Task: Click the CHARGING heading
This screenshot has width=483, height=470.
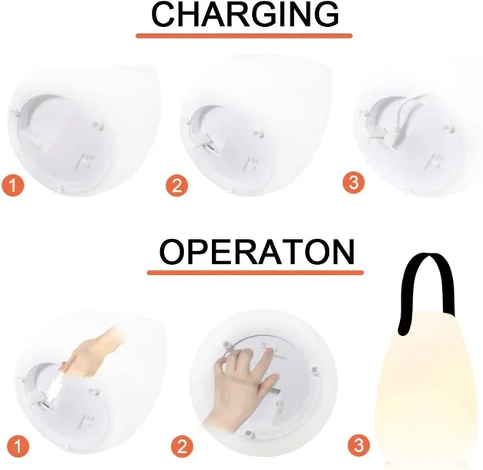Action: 245,14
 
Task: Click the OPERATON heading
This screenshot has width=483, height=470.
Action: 257,251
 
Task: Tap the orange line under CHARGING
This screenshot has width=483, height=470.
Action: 244,35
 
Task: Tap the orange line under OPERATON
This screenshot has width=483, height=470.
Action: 255,273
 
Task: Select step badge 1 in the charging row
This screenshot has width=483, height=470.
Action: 12,185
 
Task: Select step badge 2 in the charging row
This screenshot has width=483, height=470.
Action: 177,186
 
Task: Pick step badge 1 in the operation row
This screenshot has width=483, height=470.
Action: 18,445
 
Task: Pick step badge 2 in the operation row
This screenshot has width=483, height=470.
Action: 182,445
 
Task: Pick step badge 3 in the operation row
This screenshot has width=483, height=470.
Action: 358,445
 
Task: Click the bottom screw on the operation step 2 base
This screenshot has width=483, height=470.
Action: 247,434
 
